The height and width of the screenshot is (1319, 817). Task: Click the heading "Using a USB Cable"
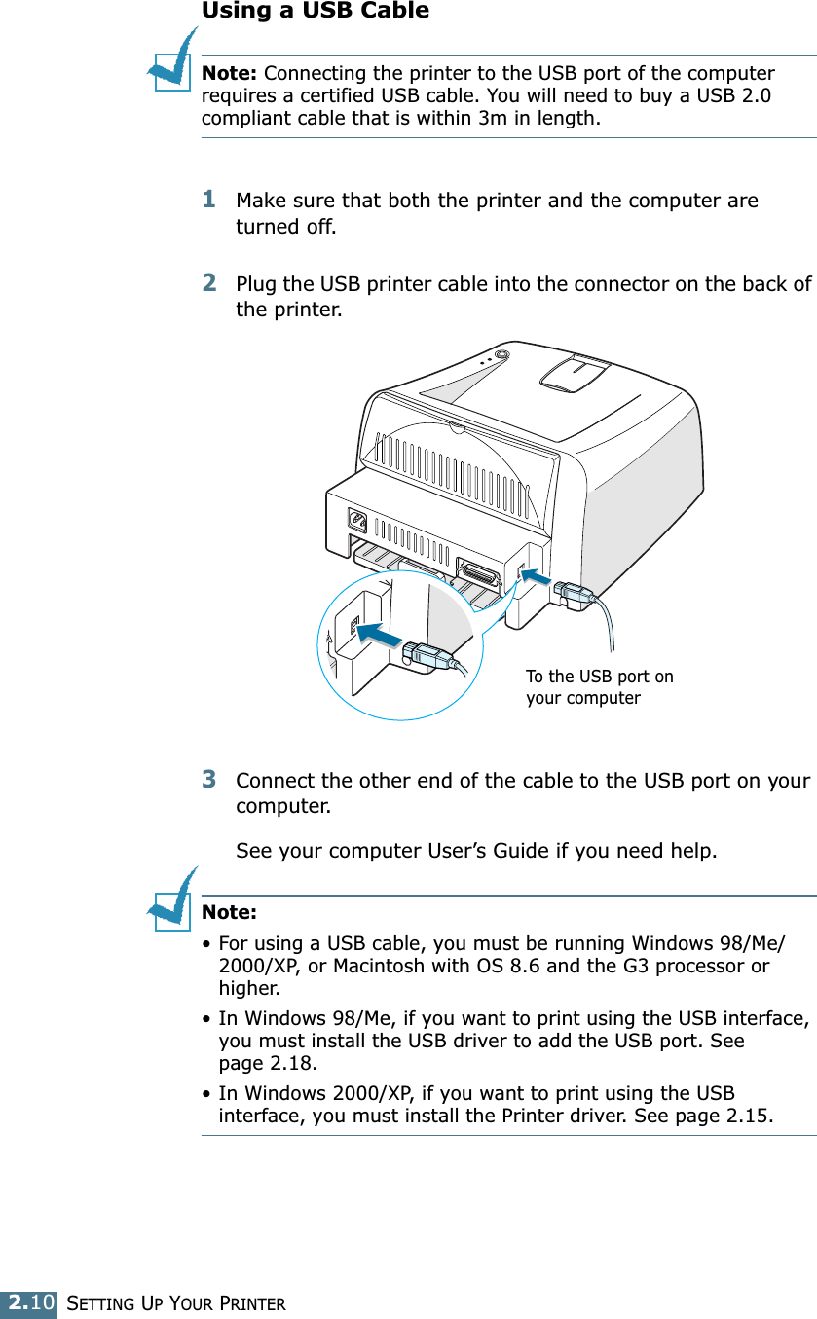(315, 12)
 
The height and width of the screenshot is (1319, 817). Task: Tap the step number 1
(209, 199)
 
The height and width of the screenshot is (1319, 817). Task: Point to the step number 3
(209, 780)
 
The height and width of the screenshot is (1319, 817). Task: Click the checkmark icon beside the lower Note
(172, 904)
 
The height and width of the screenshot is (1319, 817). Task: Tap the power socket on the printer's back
(357, 521)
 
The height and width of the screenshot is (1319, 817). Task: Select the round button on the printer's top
(501, 355)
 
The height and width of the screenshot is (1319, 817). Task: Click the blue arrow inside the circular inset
(378, 635)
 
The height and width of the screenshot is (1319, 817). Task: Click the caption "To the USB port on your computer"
(599, 686)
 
